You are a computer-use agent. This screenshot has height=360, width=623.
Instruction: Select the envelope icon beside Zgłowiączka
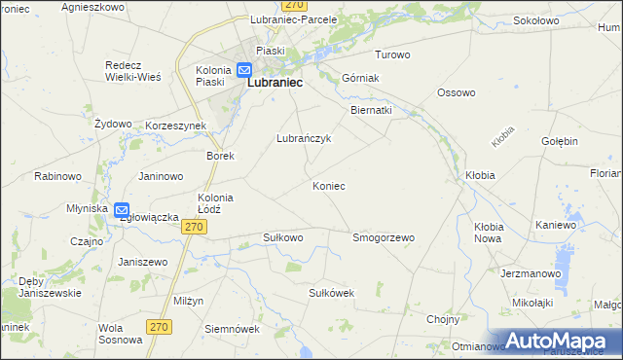[x=122, y=209]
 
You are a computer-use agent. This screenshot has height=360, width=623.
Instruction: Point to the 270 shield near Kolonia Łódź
[x=195, y=227]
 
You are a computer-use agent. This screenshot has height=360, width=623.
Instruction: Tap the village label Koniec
[x=329, y=185]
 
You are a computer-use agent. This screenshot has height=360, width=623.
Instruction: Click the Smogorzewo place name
[x=384, y=237]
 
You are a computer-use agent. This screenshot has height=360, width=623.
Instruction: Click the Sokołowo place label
[x=511, y=18]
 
